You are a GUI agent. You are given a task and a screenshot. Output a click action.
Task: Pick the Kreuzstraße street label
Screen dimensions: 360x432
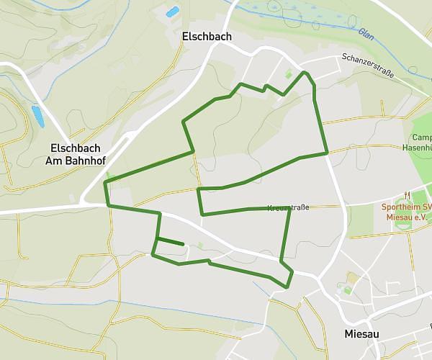click(x=288, y=207)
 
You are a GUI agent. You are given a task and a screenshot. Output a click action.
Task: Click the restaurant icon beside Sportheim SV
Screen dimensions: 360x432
click(x=408, y=194)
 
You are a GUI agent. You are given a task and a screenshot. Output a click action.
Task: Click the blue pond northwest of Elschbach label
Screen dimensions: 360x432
click(x=172, y=12)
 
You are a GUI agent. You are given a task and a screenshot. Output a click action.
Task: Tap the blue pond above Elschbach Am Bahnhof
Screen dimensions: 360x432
click(x=37, y=115)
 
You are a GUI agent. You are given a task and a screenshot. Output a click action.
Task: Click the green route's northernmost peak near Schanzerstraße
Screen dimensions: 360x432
click(x=305, y=73)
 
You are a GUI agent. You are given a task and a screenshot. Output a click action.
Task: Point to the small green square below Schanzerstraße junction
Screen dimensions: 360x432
click(x=289, y=74)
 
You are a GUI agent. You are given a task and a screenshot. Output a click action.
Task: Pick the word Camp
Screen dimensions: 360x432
click(x=421, y=138)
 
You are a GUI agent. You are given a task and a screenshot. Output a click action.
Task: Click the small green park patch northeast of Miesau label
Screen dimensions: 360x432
click(x=351, y=278)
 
